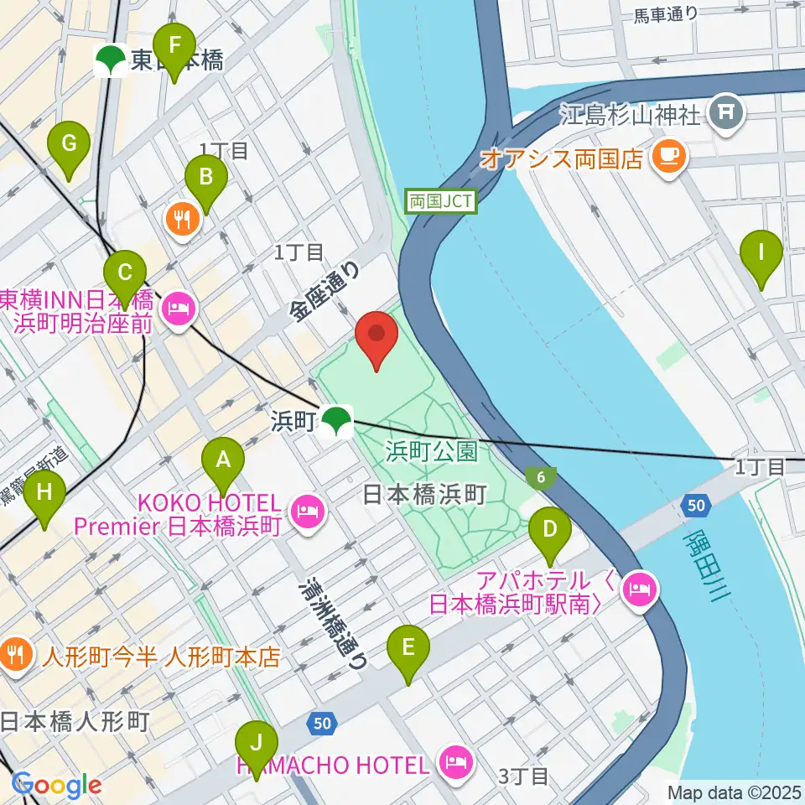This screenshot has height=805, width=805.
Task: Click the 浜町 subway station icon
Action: (x=337, y=418)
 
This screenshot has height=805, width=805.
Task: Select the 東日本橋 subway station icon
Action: (x=109, y=60)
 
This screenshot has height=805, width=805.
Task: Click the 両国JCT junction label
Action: (x=441, y=201)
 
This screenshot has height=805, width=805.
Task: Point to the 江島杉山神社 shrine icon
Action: (x=724, y=112)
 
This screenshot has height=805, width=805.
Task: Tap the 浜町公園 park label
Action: (x=432, y=453)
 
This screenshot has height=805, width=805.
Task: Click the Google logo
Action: (x=56, y=784)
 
